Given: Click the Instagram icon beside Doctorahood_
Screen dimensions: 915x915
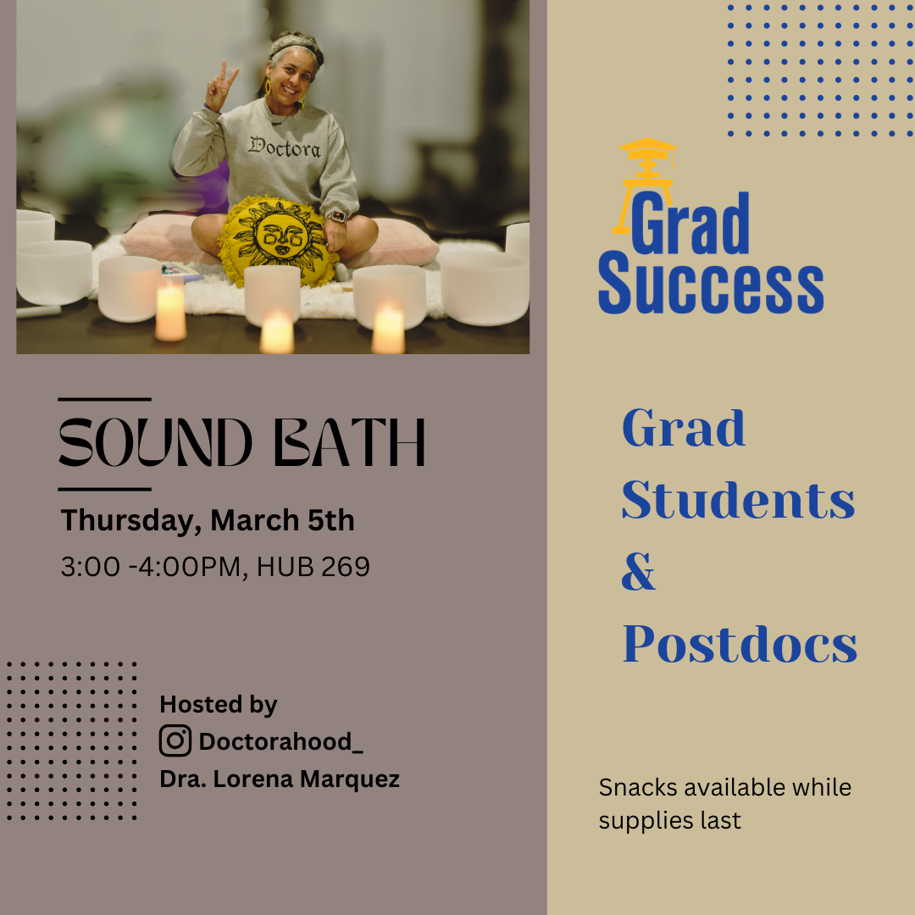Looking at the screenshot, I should [x=175, y=741].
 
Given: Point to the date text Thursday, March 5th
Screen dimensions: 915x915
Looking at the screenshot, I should [x=208, y=520].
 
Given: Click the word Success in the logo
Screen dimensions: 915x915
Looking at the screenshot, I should [x=711, y=288].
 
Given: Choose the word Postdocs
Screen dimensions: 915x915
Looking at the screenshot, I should [x=740, y=646].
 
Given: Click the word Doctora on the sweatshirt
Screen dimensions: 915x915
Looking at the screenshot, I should [x=284, y=147].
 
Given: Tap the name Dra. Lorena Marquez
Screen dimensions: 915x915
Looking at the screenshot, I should [x=280, y=779].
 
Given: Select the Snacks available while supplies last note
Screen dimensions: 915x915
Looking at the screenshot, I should [x=724, y=803].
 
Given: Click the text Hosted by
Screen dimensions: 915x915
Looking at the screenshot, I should [x=219, y=705].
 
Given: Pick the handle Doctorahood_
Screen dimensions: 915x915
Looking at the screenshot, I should [x=280, y=742].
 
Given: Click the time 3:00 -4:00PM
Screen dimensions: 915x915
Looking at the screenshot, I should [x=151, y=567].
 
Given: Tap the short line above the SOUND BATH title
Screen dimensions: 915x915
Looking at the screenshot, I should [x=104, y=399].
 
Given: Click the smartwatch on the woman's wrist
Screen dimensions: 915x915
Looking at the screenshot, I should [x=337, y=216].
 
